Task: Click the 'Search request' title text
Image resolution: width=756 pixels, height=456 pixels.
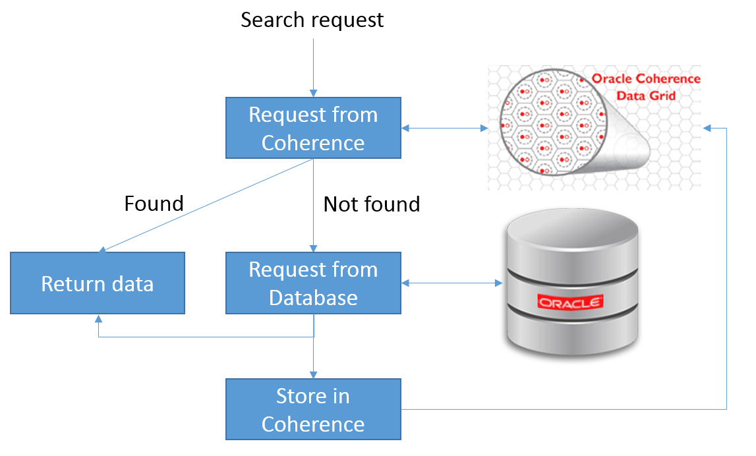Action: pyautogui.click(x=312, y=20)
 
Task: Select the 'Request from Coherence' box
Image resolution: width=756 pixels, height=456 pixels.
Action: pyautogui.click(x=313, y=128)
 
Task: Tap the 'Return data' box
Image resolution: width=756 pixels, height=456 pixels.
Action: pyautogui.click(x=98, y=283)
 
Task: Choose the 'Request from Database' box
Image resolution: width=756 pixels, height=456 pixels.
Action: pyautogui.click(x=313, y=283)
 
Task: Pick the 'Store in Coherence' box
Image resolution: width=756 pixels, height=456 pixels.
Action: pyautogui.click(x=313, y=409)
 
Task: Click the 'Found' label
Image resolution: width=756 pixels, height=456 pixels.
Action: pyautogui.click(x=154, y=204)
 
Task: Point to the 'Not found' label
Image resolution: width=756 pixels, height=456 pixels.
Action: pyautogui.click(x=371, y=204)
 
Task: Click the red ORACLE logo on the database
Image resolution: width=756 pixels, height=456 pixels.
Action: pyautogui.click(x=571, y=302)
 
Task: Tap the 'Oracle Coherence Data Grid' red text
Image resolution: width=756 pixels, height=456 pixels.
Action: pyautogui.click(x=645, y=87)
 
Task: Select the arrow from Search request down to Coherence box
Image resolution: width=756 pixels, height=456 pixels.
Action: pyautogui.click(x=313, y=66)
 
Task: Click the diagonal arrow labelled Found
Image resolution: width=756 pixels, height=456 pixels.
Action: pyautogui.click(x=204, y=206)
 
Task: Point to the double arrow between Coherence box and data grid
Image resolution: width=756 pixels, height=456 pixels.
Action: pyautogui.click(x=444, y=128)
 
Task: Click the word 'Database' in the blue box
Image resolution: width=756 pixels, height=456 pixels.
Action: pyautogui.click(x=313, y=297)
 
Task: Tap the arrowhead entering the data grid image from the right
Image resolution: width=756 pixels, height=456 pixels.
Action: pyautogui.click(x=707, y=128)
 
